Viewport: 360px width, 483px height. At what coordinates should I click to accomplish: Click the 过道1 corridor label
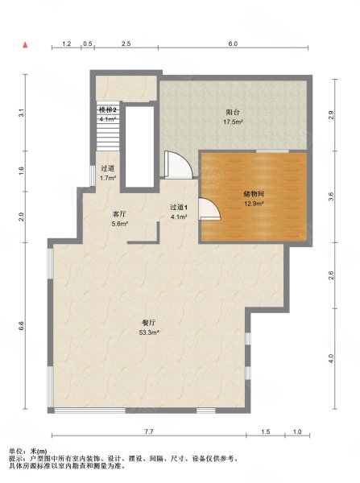(179, 207)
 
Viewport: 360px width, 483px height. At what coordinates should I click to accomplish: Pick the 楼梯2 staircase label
(108, 109)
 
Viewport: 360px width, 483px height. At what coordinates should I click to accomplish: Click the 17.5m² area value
(234, 122)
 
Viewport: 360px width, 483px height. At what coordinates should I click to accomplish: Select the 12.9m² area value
(253, 204)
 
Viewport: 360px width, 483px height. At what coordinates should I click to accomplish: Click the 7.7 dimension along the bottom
(148, 432)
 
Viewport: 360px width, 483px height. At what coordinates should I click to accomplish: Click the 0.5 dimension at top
(88, 43)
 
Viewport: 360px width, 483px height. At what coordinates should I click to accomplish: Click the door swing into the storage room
(207, 211)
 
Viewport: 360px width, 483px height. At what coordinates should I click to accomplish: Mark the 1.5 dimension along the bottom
(265, 432)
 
